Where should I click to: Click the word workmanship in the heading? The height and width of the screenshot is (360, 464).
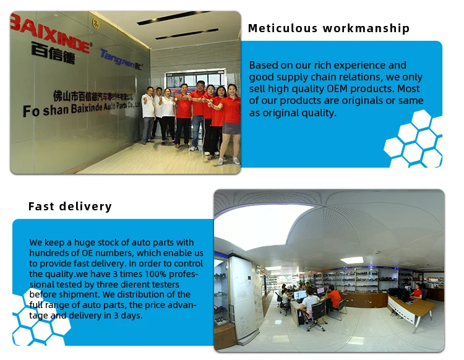pyautogui.click(x=366, y=28)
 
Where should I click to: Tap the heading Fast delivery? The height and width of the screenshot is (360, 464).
pyautogui.click(x=70, y=207)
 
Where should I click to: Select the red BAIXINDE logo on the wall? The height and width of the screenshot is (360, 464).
pyautogui.click(x=49, y=33)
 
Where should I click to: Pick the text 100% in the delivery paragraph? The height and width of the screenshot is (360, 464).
pyautogui.click(x=155, y=274)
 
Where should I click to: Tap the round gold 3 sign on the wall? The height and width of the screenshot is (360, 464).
pyautogui.click(x=96, y=24)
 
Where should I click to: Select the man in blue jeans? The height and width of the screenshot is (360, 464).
pyautogui.click(x=197, y=116)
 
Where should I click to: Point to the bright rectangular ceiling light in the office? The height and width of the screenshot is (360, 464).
pyautogui.click(x=352, y=260)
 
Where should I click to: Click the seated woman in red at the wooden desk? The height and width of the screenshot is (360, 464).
pyautogui.click(x=416, y=293)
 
